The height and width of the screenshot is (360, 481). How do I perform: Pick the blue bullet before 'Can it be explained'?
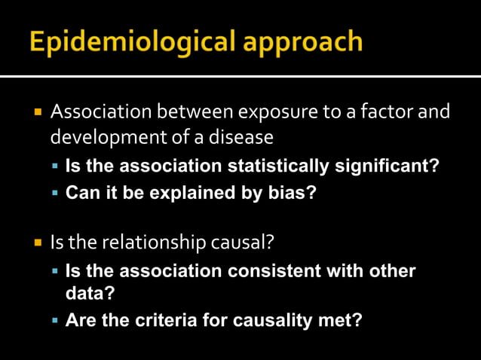click(55, 192)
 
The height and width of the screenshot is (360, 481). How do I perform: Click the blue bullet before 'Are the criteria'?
click(55, 321)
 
